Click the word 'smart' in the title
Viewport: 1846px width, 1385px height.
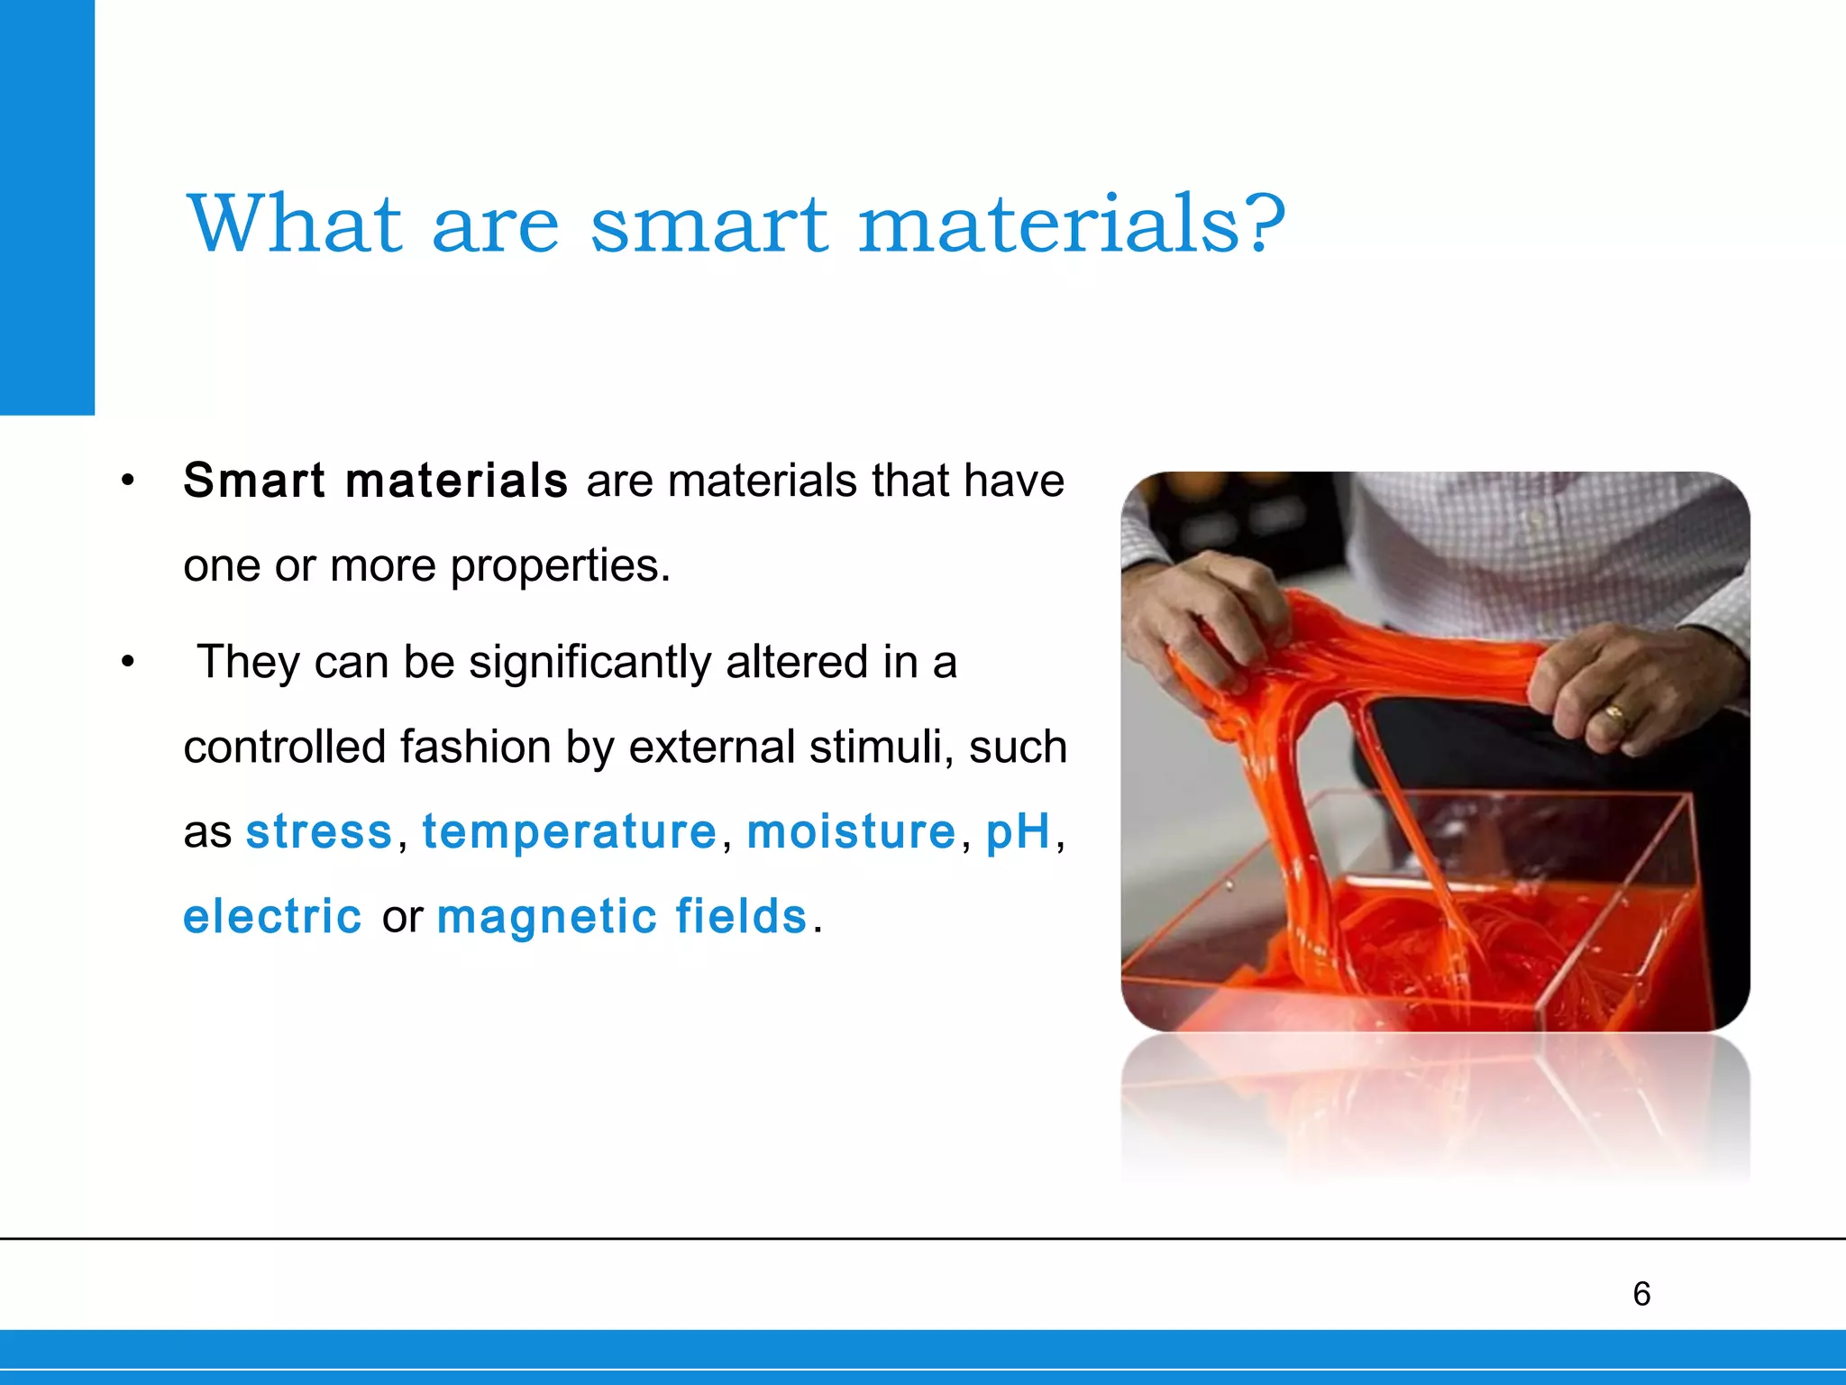click(708, 225)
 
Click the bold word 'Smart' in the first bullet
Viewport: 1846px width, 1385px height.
click(253, 480)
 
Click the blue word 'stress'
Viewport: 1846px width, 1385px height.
click(319, 831)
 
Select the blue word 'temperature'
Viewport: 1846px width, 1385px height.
click(569, 831)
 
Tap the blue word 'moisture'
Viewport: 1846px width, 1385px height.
click(851, 831)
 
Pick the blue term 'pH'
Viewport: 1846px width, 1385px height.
click(1018, 831)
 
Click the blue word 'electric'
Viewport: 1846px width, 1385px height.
click(272, 917)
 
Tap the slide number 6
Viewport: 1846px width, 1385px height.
click(1641, 1294)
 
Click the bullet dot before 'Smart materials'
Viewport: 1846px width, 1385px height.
click(128, 481)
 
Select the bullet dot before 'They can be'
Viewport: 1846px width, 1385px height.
click(128, 663)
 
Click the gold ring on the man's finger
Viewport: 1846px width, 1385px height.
click(1613, 716)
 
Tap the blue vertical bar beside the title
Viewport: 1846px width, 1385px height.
click(47, 207)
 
